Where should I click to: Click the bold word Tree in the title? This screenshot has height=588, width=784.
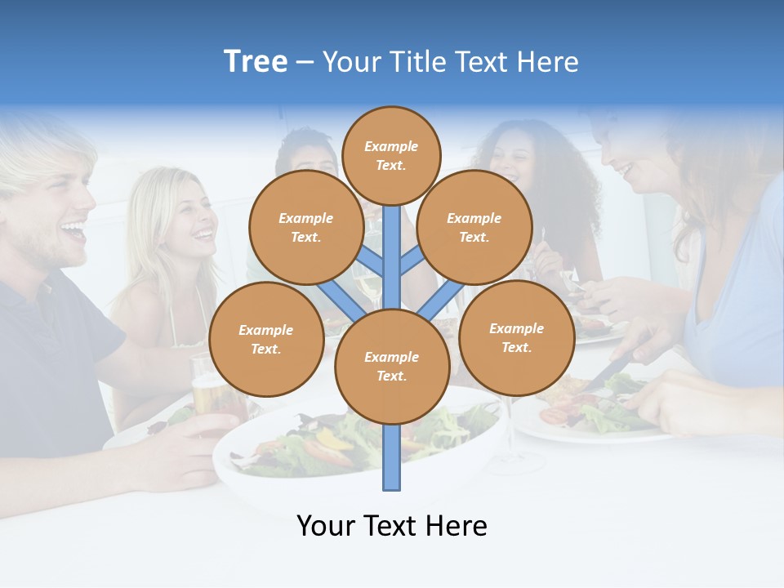tap(256, 61)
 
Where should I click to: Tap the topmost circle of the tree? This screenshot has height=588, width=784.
tap(391, 155)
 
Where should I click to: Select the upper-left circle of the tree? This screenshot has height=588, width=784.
tap(305, 227)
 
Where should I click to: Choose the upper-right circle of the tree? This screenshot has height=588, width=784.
tap(474, 227)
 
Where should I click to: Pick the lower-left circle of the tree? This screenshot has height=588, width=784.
tap(265, 339)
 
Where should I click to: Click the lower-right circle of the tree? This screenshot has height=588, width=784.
tap(516, 337)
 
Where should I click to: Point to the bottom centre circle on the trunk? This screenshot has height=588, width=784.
tap(391, 366)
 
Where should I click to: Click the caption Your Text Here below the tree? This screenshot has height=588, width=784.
tap(391, 525)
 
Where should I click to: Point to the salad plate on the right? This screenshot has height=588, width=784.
tap(588, 412)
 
